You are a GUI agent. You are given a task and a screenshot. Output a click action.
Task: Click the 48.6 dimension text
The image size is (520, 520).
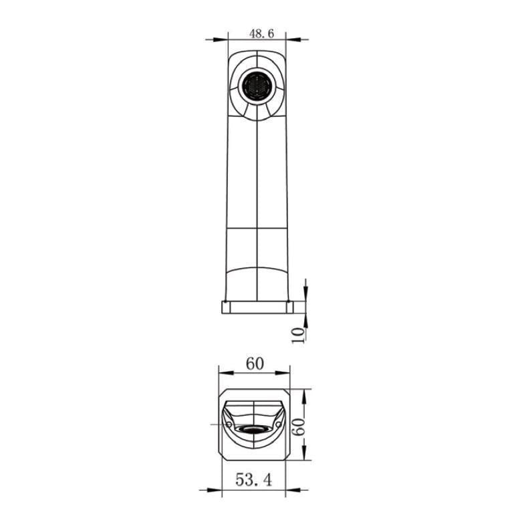261,33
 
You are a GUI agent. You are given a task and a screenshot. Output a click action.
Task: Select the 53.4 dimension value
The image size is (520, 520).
254,479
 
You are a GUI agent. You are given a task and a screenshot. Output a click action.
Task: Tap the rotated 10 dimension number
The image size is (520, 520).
298,336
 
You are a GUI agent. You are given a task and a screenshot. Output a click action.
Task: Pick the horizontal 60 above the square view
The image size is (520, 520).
255,364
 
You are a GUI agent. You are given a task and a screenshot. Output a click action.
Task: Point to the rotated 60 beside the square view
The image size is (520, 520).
298,427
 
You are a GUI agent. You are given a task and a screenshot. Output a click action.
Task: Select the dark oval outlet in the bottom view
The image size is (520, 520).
255,430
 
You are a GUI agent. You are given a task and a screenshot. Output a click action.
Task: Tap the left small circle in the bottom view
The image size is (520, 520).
229,424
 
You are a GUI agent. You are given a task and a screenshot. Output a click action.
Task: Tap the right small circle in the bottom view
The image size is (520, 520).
279,424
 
